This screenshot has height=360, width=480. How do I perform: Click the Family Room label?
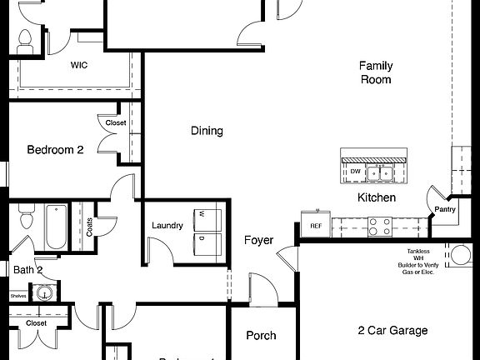tap(375, 72)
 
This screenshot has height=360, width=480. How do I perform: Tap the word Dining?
tap(207, 131)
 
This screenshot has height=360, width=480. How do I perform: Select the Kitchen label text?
tap(376, 197)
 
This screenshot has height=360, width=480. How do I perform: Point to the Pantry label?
tap(445, 209)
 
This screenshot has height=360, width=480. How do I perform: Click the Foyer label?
tap(258, 241)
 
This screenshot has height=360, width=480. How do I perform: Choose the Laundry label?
tap(167, 226)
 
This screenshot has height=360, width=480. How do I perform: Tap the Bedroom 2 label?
tap(55, 151)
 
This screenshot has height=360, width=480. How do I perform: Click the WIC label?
tap(80, 64)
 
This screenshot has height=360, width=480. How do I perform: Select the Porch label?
tap(262, 336)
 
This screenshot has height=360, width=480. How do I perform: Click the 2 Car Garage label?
tap(392, 331)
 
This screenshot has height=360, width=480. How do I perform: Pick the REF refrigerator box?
tap(316, 226)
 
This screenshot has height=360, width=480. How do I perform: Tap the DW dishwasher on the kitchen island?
tap(355, 172)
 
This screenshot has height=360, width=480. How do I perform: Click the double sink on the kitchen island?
tap(383, 173)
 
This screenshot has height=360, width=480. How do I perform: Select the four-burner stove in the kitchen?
tap(379, 226)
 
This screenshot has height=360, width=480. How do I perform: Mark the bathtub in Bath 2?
tap(56, 226)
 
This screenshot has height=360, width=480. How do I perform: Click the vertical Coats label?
tap(89, 227)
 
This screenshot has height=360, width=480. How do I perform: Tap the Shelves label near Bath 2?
tap(18, 295)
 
